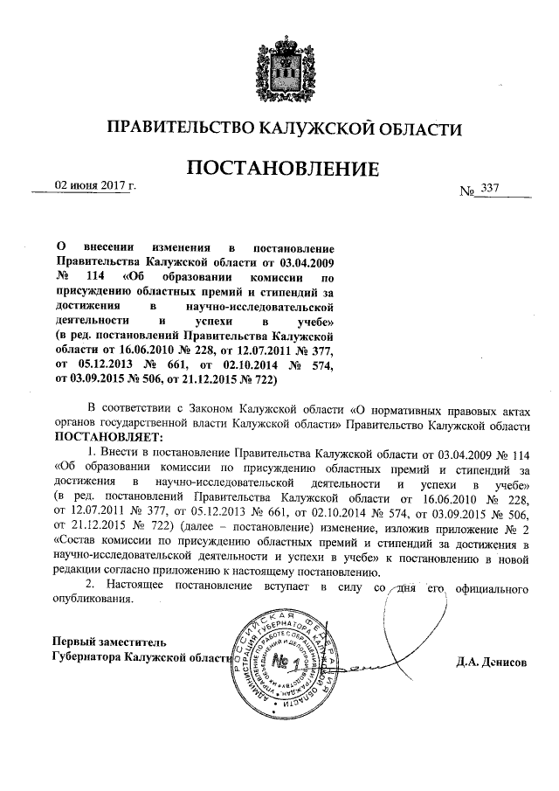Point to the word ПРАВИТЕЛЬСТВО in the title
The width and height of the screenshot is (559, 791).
[x=176, y=129]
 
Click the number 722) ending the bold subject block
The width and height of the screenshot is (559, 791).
[x=259, y=378]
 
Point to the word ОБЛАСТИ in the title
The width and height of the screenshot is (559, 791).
[x=419, y=129]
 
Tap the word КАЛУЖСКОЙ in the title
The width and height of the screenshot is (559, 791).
[x=316, y=129]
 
